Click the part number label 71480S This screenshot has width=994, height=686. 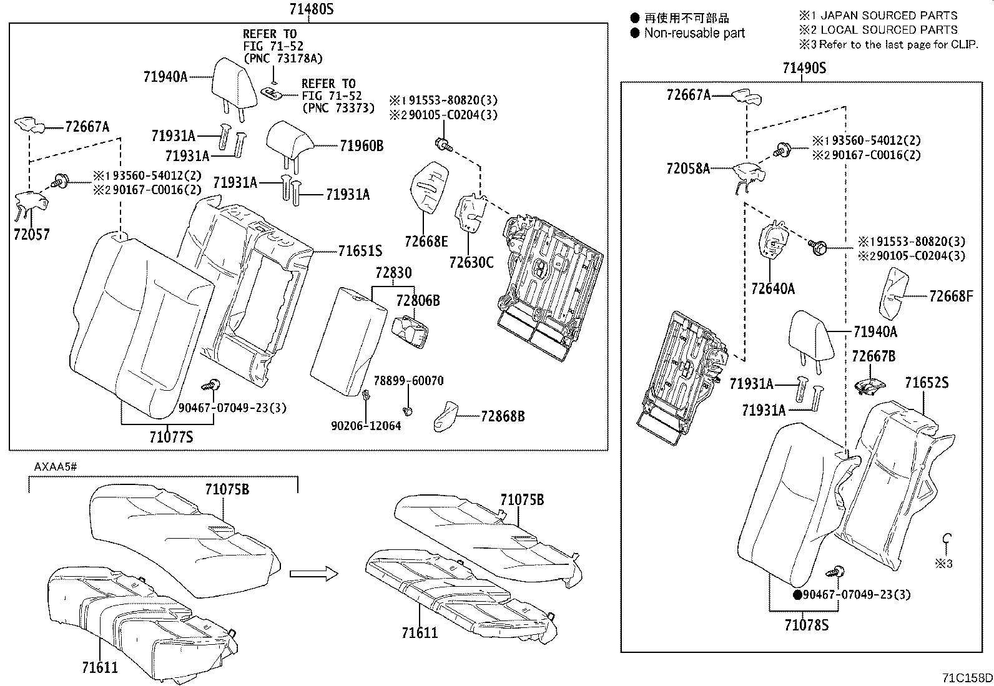tap(311, 9)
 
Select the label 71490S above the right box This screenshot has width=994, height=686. tap(804, 68)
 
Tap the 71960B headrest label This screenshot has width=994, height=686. tap(362, 146)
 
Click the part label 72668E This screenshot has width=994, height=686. tap(426, 242)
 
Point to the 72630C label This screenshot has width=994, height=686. tap(471, 262)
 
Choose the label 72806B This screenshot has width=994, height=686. tap(418, 301)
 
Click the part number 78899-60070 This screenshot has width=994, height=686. tap(408, 381)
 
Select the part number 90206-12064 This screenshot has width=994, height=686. tap(366, 426)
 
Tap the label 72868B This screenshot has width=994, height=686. tap(503, 416)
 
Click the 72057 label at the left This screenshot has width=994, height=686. tap(31, 235)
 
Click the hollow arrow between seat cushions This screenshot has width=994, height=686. tap(313, 574)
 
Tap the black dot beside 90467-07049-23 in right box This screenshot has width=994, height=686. tap(797, 595)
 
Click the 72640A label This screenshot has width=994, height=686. tap(772, 288)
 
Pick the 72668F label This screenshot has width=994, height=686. tap(951, 296)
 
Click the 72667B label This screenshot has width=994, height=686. tap(873, 356)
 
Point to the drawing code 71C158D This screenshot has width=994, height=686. tap(967, 678)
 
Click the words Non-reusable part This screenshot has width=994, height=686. tap(694, 33)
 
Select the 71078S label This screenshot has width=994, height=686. tap(806, 624)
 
